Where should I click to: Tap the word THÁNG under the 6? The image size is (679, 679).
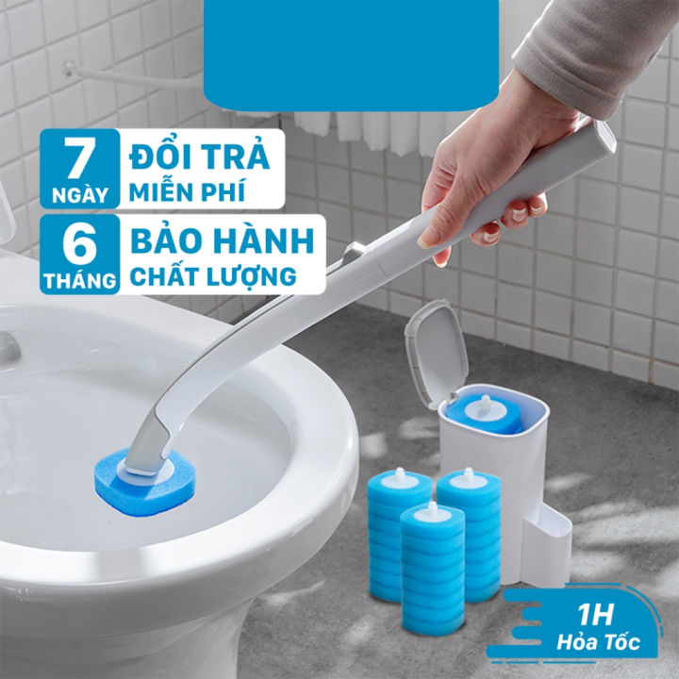pyautogui.click(x=79, y=279)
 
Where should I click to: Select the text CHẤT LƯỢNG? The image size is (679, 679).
pyautogui.click(x=211, y=277)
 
